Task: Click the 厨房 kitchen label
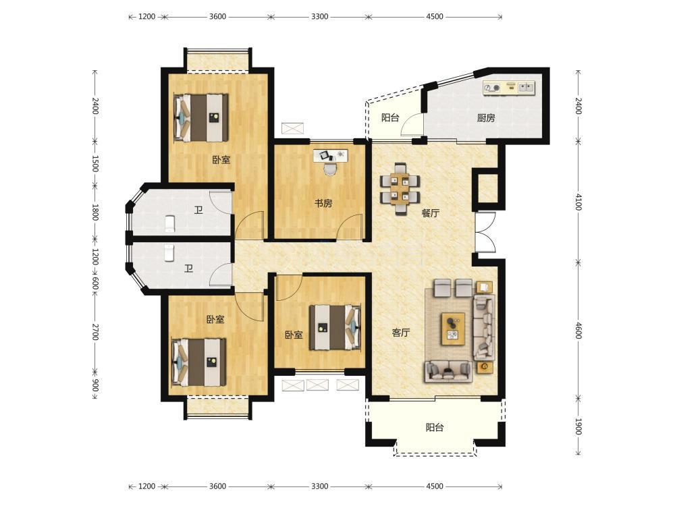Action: coord(486,118)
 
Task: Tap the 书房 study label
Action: coord(323,203)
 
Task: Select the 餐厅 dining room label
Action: coord(431,213)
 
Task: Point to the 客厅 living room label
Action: coord(401,332)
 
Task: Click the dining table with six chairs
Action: coord(400,188)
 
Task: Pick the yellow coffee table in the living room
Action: coord(453,329)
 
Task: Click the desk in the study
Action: coord(330,156)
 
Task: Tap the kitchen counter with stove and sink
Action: coord(508,88)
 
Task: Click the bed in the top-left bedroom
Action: coord(200,117)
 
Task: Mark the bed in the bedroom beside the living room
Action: coord(335,327)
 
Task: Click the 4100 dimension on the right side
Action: coord(578,202)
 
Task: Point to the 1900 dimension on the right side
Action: coord(578,426)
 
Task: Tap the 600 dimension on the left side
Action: coord(95,283)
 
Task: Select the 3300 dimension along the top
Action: coord(319,17)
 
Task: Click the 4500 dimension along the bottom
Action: coord(434,486)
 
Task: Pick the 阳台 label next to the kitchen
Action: coord(390,117)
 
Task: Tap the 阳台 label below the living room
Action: coord(434,428)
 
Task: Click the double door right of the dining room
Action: coord(485,232)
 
